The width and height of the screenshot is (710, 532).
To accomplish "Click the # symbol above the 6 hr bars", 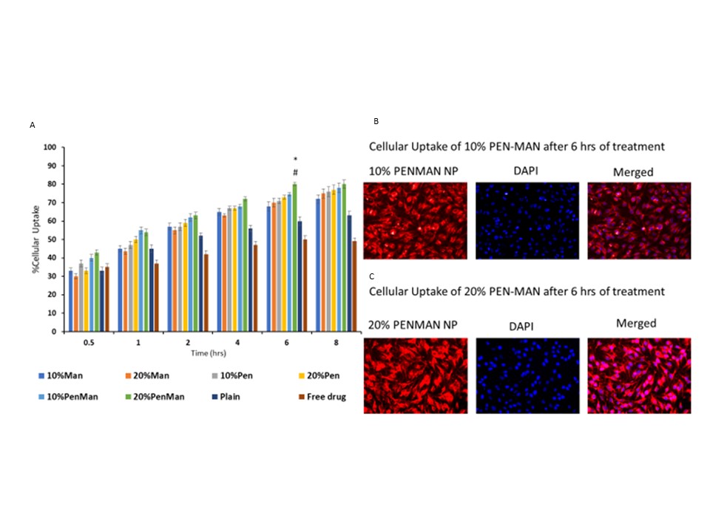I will click(x=295, y=172).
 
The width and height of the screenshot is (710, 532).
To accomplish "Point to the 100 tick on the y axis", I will click(x=50, y=147).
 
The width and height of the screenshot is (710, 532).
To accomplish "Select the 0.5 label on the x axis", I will click(x=87, y=343).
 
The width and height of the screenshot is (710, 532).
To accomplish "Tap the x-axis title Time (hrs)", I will click(x=206, y=354).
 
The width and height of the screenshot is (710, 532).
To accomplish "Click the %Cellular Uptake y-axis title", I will click(x=35, y=239).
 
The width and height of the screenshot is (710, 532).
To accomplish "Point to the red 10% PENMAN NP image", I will click(x=416, y=220).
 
